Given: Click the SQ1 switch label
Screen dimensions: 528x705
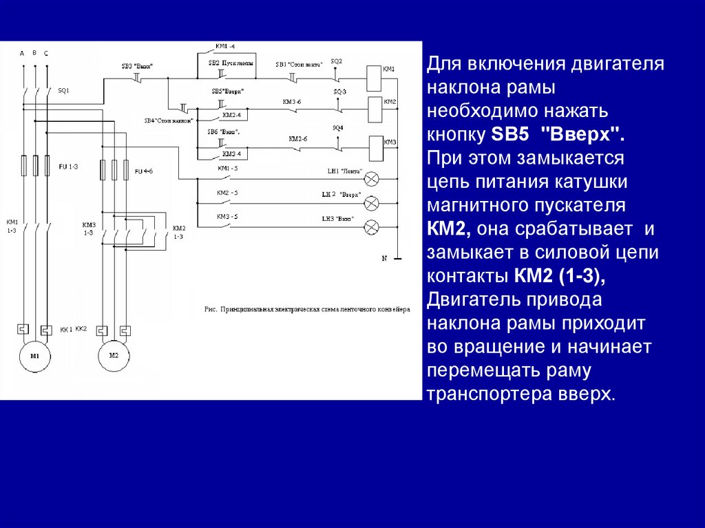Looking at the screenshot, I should (x=63, y=90).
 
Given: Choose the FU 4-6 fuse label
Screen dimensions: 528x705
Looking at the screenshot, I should (x=143, y=170).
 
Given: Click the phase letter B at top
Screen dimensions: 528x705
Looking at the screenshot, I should (x=34, y=52).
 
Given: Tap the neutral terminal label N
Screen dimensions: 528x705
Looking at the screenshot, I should (x=386, y=258).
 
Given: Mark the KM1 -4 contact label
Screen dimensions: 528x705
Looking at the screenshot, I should (x=225, y=46).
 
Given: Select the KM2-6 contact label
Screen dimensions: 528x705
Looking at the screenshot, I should (x=298, y=138).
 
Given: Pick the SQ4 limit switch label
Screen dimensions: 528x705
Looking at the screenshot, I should (x=337, y=128).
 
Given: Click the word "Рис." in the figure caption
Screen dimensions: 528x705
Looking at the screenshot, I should (x=211, y=310).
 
